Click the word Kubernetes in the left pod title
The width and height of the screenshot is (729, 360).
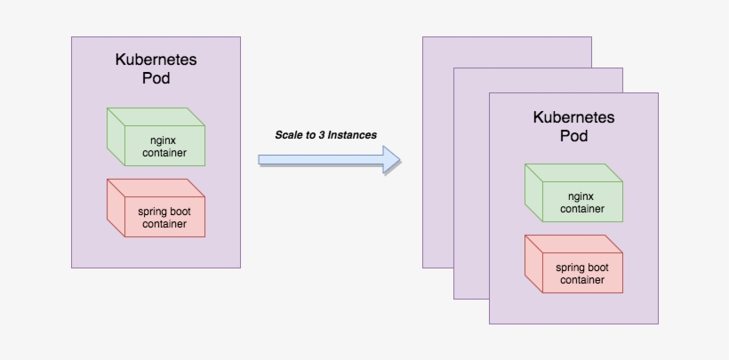pyautogui.click(x=156, y=60)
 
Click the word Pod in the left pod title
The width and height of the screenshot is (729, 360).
pyautogui.click(x=156, y=78)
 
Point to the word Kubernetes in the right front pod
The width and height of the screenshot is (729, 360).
pyautogui.click(x=573, y=117)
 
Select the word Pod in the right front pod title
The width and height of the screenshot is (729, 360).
pyautogui.click(x=573, y=136)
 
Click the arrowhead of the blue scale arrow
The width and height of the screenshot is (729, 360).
pyautogui.click(x=391, y=159)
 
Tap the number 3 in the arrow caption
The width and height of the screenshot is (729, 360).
pyautogui.click(x=320, y=135)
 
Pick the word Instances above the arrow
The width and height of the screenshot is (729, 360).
pyautogui.click(x=352, y=135)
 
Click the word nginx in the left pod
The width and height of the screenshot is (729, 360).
pyautogui.click(x=164, y=140)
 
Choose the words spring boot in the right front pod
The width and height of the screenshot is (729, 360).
pyautogui.click(x=581, y=268)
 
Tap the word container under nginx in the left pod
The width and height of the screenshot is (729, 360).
pyautogui.click(x=164, y=152)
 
